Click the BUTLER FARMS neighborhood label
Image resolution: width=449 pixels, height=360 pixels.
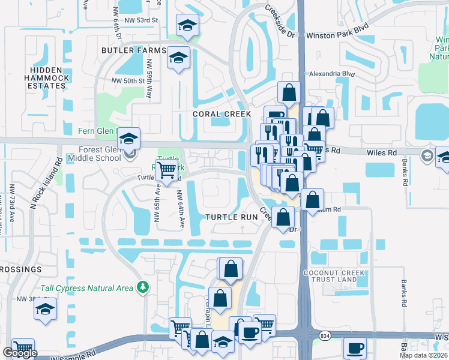pyautogui.click(x=133, y=50)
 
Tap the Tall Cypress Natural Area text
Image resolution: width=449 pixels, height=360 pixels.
pyautogui.click(x=87, y=289)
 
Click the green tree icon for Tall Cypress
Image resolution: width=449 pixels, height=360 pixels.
pyautogui.click(x=142, y=288)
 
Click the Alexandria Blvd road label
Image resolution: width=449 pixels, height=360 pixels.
pyautogui.click(x=331, y=74)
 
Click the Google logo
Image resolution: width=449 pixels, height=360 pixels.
pyautogui.click(x=19, y=353)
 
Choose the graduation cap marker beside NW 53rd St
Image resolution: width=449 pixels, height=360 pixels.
pyautogui.click(x=188, y=26)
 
